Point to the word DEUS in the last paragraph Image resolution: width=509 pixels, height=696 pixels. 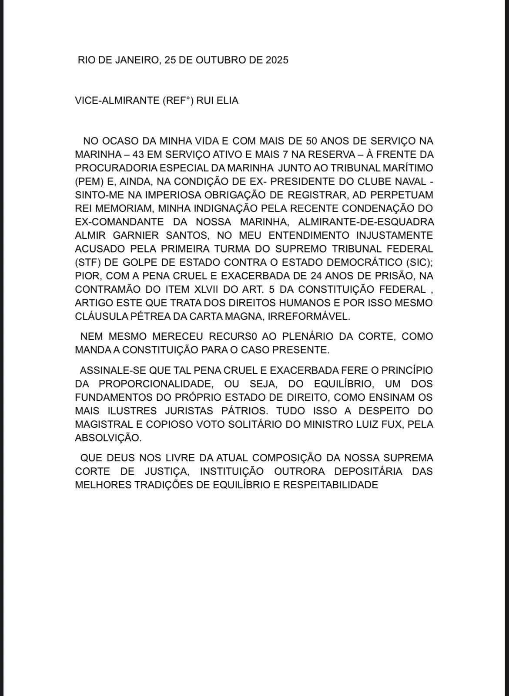click(x=121, y=458)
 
